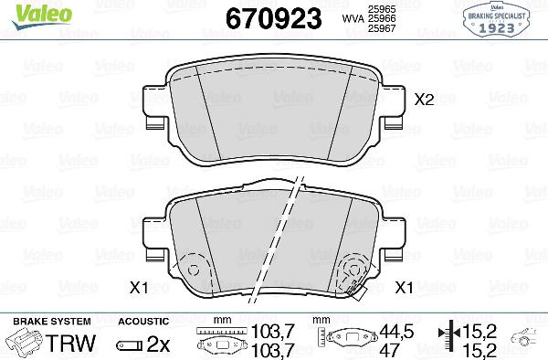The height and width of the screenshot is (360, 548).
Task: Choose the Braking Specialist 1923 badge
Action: point(502,18)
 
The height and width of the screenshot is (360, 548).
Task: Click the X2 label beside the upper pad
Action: point(424,101)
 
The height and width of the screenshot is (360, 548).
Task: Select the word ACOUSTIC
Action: point(143,322)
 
